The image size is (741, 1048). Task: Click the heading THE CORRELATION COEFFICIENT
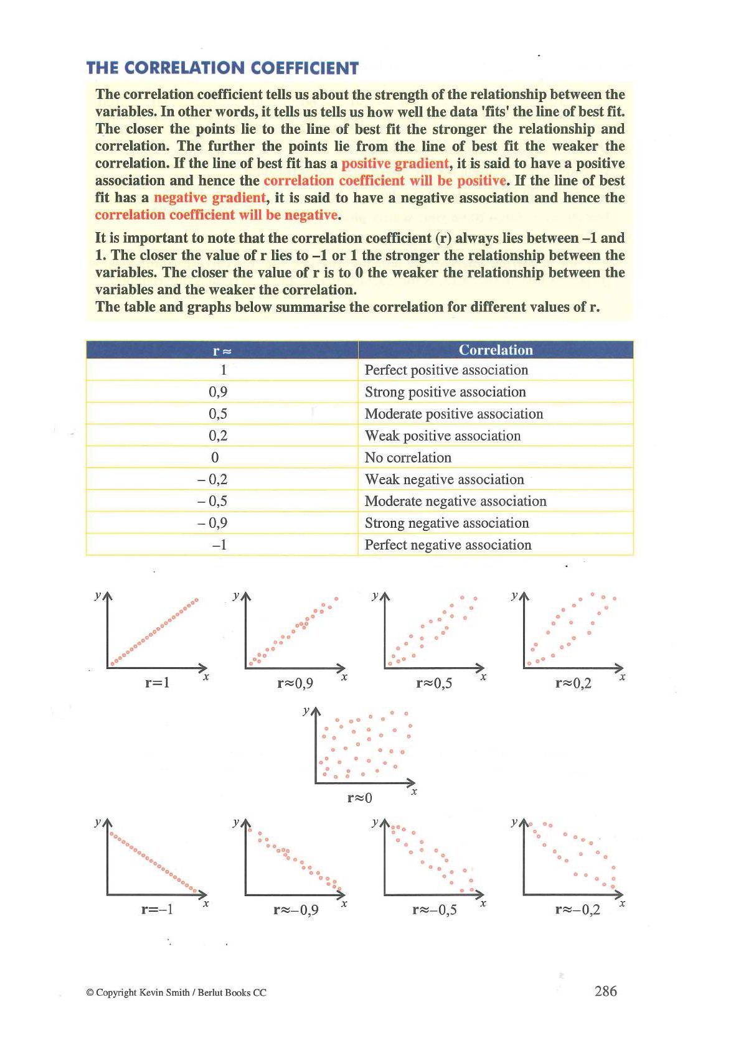pos(222,68)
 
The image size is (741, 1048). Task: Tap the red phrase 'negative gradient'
pos(209,198)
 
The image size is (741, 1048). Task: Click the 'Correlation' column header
pos(496,350)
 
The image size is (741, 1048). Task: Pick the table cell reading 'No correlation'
pos(408,457)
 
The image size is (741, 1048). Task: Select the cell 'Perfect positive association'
pos(446,370)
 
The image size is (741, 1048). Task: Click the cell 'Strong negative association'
pos(446,523)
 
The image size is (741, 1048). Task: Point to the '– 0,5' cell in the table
pos(212,501)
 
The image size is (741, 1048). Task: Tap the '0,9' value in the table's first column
pos(218,392)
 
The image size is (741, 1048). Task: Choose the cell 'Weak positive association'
pos(442,436)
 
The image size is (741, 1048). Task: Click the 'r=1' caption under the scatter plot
pos(158,683)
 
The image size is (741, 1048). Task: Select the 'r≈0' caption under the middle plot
pos(359,797)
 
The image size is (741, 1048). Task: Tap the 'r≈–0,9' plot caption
pos(296,910)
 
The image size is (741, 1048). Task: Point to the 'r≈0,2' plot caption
pos(573,683)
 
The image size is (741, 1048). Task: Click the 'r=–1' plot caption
pos(157,910)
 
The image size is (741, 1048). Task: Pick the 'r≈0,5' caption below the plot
pos(434,683)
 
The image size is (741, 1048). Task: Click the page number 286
pos(605,991)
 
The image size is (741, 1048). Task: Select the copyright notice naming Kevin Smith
pos(176,993)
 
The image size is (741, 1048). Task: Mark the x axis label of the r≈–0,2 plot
pos(622,903)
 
